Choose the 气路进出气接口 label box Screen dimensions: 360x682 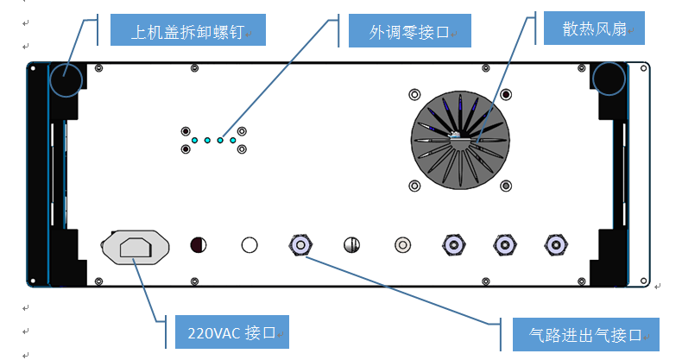point(586,334)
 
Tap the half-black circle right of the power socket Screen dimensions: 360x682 point(199,245)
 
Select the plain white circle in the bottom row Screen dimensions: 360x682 point(249,245)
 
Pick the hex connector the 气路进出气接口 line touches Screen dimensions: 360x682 point(300,245)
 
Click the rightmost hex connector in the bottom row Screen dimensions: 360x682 point(553,245)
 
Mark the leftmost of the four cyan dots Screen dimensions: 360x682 point(195,140)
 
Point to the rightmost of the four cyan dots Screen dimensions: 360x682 point(233,140)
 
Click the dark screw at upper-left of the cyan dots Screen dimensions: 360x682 point(186,131)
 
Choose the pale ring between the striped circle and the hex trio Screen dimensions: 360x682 point(401,245)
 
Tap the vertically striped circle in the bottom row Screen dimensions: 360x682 point(351,245)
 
